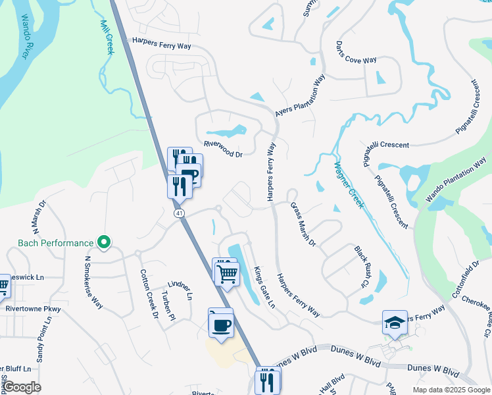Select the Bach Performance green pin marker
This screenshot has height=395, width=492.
click(103, 243)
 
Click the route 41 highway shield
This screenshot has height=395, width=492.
click(179, 213)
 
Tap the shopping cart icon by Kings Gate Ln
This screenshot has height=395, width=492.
click(228, 273)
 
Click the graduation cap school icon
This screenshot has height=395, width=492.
click(395, 323)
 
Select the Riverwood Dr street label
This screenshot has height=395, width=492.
click(223, 149)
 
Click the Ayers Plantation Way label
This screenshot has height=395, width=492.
click(301, 96)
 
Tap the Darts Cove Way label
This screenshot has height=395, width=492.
click(356, 52)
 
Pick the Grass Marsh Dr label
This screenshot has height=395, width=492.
click(303, 224)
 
